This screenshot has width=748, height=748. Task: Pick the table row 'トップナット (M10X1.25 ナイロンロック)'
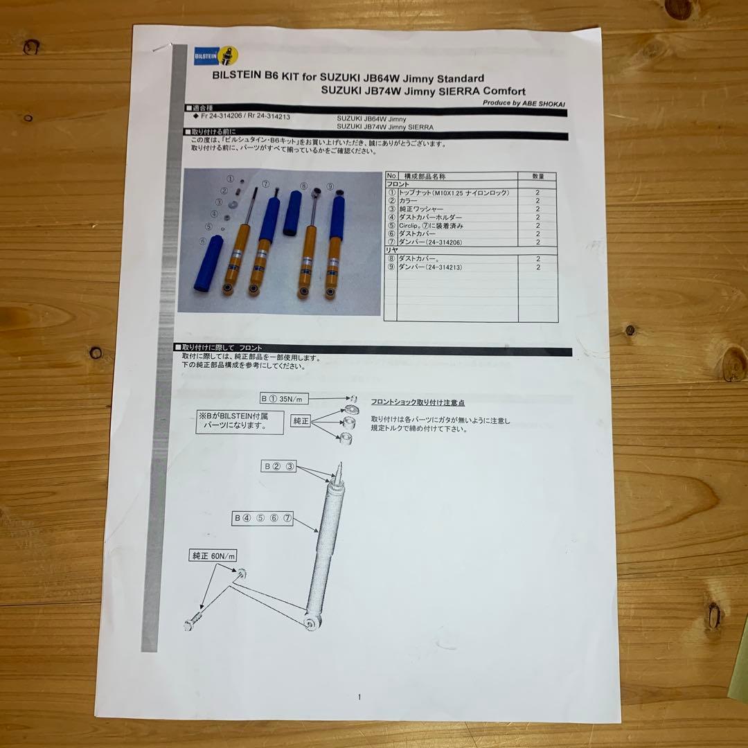tap(454, 193)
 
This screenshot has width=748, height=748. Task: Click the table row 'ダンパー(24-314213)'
tap(429, 267)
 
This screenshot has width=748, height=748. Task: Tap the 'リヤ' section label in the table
tap(392, 250)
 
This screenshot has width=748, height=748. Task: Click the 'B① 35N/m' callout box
tap(283, 399)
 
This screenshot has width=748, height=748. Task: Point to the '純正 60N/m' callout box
tap(213, 556)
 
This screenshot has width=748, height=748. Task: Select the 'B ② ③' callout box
tap(278, 466)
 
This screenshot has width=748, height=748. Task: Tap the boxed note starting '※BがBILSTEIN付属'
tap(240, 421)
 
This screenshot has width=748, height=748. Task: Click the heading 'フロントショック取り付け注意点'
tap(417, 402)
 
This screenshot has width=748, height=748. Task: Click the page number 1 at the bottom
tap(359, 697)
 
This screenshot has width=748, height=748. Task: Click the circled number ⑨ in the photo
tap(330, 186)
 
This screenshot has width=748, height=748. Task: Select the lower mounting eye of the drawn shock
tap(311, 622)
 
